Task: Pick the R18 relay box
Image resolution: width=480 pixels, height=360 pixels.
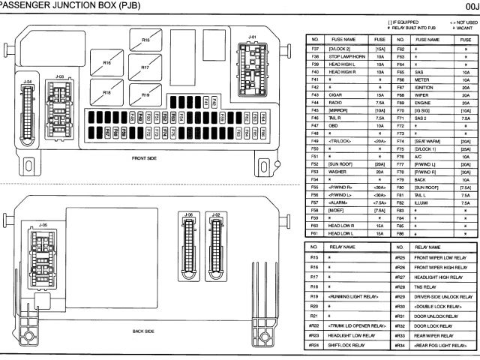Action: tap(106, 92)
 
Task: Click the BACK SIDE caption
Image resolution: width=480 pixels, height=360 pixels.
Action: tap(143, 331)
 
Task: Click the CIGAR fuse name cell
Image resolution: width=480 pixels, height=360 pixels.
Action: tap(335, 95)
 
